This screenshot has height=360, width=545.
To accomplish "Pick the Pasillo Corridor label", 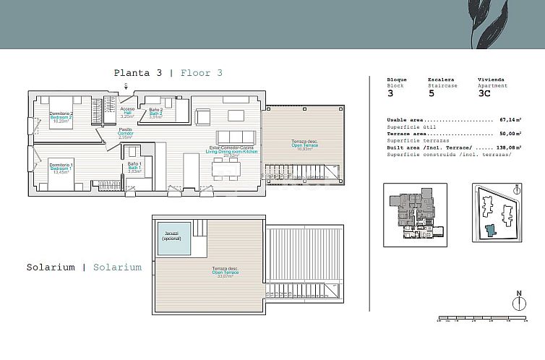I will pos(125,133).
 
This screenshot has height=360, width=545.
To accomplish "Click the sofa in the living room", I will pos(236,137).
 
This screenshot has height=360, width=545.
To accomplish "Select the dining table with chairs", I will pos(226,169).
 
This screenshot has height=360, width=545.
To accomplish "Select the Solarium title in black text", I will pos(51,267).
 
